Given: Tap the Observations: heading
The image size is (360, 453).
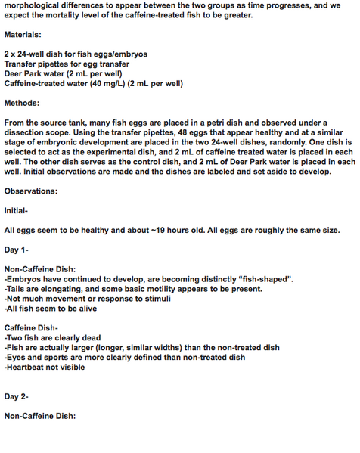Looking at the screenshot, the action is pos(31,191).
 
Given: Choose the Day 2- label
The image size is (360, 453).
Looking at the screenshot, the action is pos(17,396).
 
